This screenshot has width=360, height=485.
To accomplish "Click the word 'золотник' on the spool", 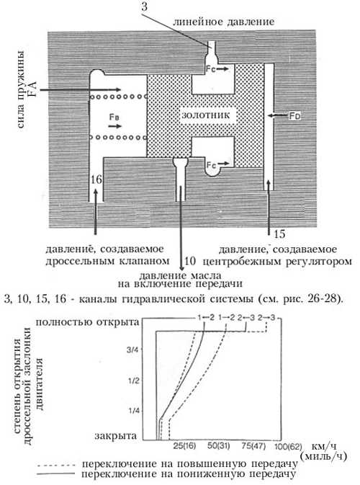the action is click(205, 115).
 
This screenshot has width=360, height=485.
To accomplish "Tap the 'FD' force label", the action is click(294, 116).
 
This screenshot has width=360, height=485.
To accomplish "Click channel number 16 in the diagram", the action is click(96, 179).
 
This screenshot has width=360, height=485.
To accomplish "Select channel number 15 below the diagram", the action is click(279, 233).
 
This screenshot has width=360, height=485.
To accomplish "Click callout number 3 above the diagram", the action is click(144, 6).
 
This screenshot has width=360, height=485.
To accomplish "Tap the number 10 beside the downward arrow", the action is click(190, 261).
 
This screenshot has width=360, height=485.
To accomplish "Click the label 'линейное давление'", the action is click(223, 22).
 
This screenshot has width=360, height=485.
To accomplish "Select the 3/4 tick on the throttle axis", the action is click(132, 350).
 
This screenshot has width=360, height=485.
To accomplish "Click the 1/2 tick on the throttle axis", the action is click(134, 381).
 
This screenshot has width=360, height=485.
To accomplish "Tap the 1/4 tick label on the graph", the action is click(134, 411).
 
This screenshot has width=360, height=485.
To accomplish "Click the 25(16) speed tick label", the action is click(184, 446).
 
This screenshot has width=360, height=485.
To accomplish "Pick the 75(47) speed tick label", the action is click(253, 446).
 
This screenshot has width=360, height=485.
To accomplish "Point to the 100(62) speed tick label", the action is click(288, 447).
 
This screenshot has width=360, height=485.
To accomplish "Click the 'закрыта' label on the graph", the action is click(116, 436).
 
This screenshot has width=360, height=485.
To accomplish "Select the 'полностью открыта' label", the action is click(87, 322).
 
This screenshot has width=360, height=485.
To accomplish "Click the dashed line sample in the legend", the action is click(55, 465).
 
